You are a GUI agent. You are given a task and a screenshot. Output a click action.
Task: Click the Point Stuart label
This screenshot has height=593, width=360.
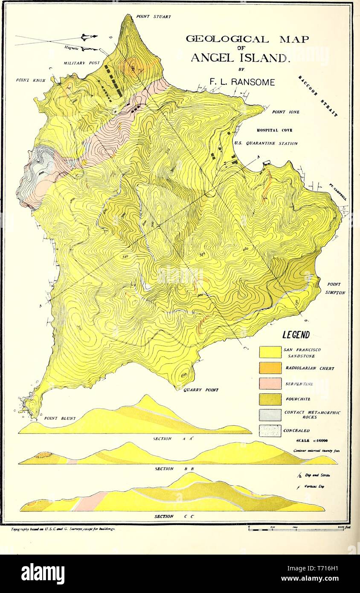point(153,17)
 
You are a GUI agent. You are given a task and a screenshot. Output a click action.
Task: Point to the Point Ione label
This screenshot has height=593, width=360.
point(285,112)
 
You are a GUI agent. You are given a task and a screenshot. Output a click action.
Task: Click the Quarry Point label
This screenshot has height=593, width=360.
point(200,390)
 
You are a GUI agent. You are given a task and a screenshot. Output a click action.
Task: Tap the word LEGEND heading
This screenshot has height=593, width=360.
point(296,335)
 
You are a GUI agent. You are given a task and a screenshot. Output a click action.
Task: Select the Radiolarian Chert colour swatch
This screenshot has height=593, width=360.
point(270,368)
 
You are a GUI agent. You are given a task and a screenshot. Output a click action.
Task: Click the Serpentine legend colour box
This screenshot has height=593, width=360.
point(270,384)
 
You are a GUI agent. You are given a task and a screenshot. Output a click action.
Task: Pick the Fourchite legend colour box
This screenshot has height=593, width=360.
point(270,399)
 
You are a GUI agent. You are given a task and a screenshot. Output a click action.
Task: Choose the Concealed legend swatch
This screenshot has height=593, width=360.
point(270,431)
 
